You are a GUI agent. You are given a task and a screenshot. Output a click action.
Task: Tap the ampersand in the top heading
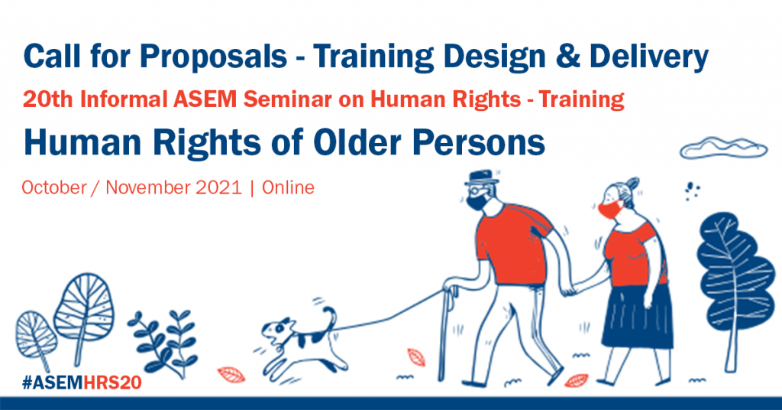pos(567,57)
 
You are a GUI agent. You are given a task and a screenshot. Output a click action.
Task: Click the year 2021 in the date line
pos(219,187)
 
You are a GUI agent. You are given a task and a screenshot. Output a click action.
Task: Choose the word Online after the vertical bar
pos(288,187)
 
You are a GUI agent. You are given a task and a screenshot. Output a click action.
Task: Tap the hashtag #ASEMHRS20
pos(82,382)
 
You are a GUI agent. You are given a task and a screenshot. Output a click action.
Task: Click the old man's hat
pos(481,177)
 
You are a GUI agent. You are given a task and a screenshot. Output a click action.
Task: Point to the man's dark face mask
pos(477,202)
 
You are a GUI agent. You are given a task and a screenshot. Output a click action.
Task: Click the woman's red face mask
pos(609,210)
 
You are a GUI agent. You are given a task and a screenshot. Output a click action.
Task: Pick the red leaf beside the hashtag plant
pos(231,375)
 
